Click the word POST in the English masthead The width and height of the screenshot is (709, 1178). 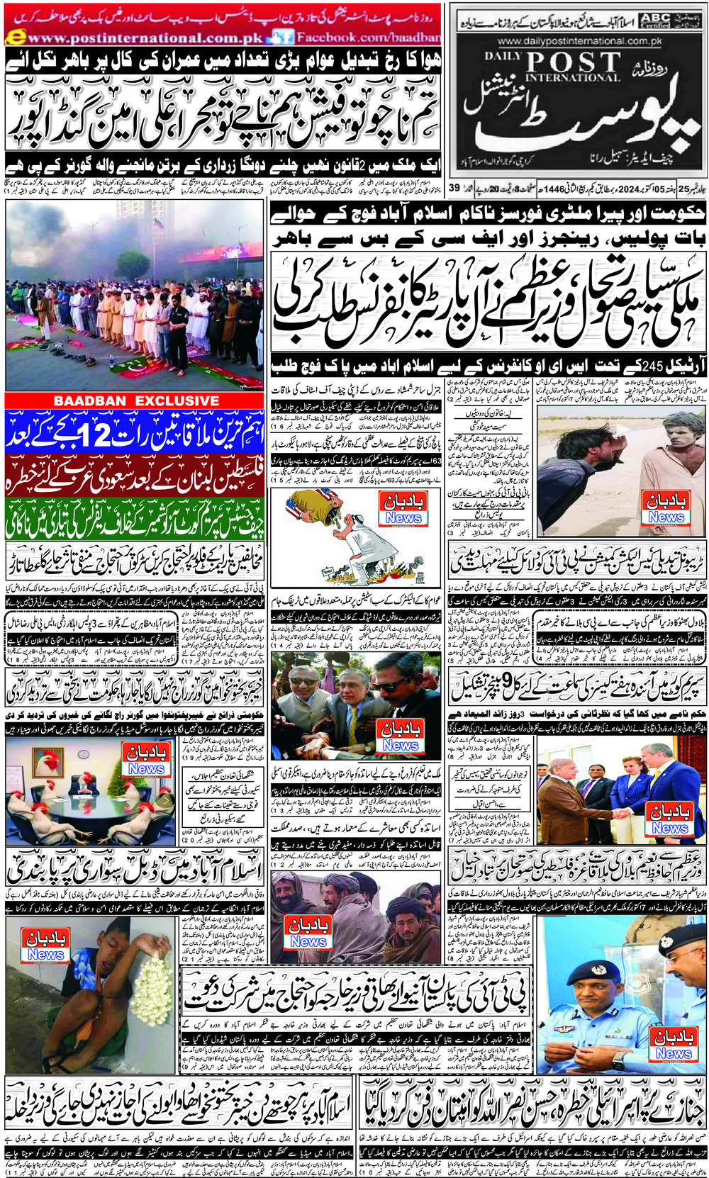coord(573,62)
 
